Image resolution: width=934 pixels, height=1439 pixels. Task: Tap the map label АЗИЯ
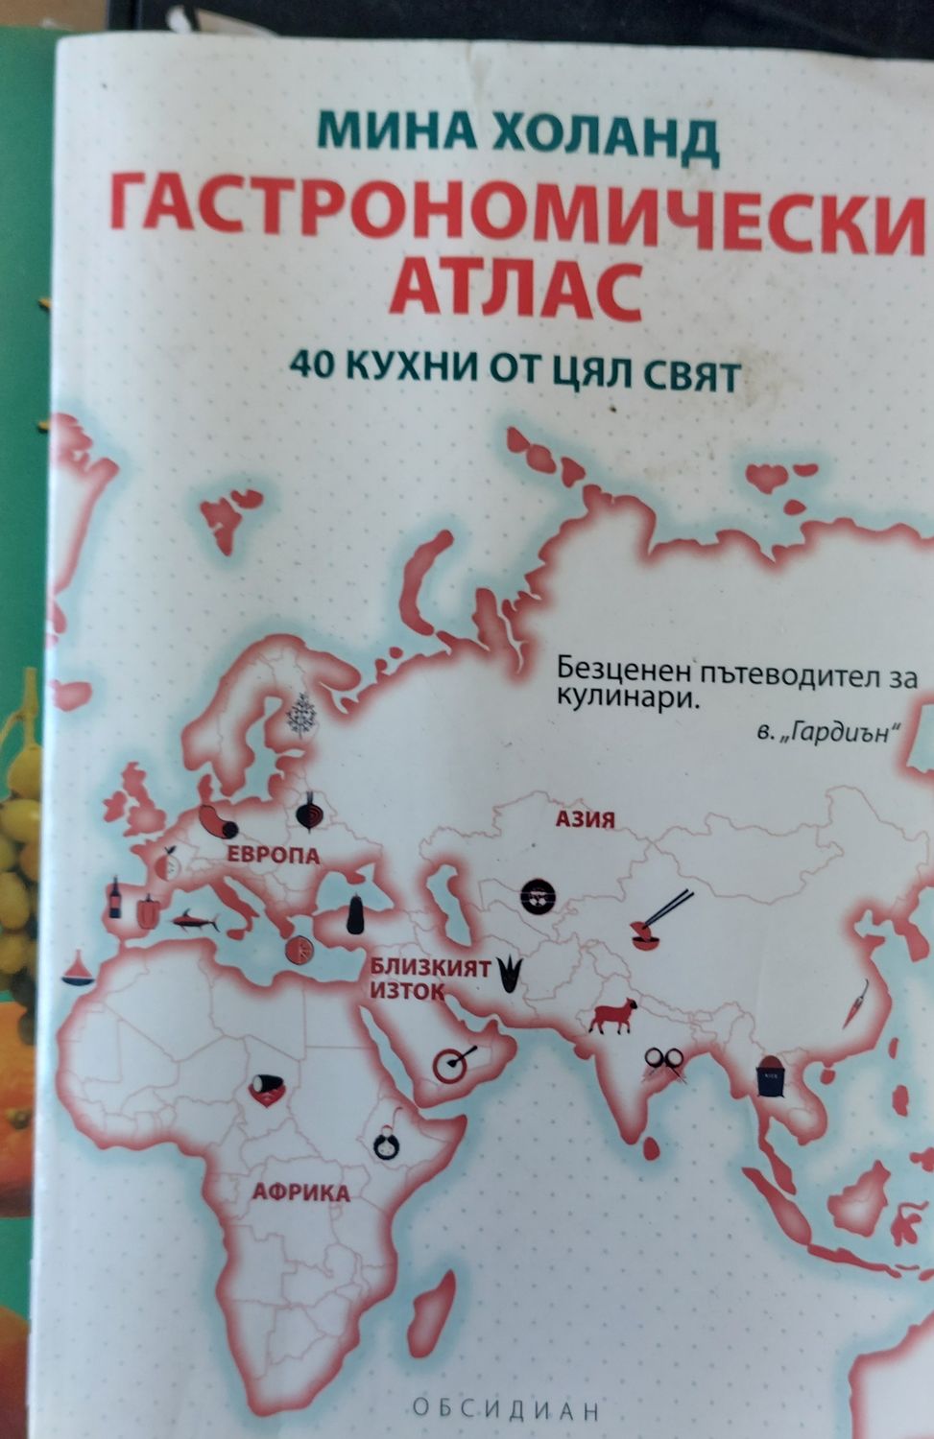pos(584,819)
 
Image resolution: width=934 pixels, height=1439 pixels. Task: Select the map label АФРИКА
pos(300,1193)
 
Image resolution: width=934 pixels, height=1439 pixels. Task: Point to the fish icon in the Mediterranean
pos(194,922)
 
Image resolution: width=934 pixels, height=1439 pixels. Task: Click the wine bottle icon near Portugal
pos(115,898)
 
